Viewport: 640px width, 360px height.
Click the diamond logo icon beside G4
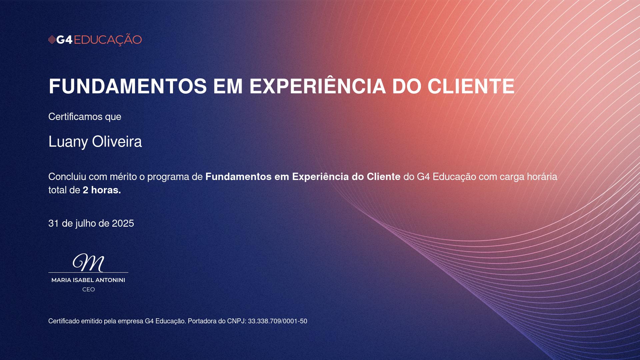point(52,40)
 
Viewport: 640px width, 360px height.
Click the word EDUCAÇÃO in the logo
point(108,40)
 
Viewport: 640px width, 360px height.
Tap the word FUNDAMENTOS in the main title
point(128,86)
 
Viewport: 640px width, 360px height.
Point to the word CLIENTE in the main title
point(471,86)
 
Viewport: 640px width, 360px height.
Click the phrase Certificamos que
point(85,117)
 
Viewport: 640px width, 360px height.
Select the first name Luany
point(68,142)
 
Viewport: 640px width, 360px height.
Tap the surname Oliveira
point(117,142)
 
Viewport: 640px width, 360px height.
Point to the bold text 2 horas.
point(102,190)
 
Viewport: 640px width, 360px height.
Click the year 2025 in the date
point(123,223)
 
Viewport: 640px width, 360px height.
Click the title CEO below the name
point(89,290)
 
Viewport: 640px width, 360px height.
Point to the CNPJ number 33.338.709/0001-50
point(278,321)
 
